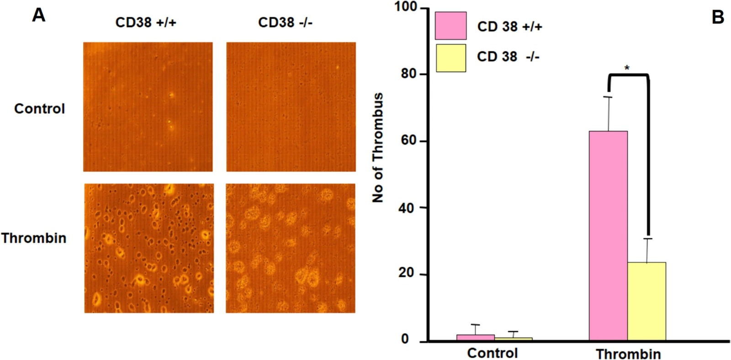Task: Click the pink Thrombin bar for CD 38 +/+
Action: tap(608, 235)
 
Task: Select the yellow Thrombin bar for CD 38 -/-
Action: tap(646, 301)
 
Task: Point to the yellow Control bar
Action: tap(514, 339)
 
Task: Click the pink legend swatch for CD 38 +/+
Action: tap(450, 26)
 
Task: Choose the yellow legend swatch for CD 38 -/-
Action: tap(450, 58)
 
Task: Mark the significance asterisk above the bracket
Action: tap(627, 68)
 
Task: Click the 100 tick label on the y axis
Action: tap(407, 7)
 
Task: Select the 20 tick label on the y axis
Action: tap(407, 273)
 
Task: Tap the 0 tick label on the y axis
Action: tap(405, 340)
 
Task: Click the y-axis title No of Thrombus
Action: tap(378, 147)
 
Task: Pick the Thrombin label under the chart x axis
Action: tap(628, 354)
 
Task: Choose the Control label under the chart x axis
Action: tap(492, 353)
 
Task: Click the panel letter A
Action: tap(39, 16)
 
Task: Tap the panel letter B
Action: tap(718, 17)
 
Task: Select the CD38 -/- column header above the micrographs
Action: tap(285, 22)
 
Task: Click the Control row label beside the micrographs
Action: tap(39, 109)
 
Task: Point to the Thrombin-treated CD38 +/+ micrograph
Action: tap(148, 248)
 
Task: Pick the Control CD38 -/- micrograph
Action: tap(291, 107)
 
